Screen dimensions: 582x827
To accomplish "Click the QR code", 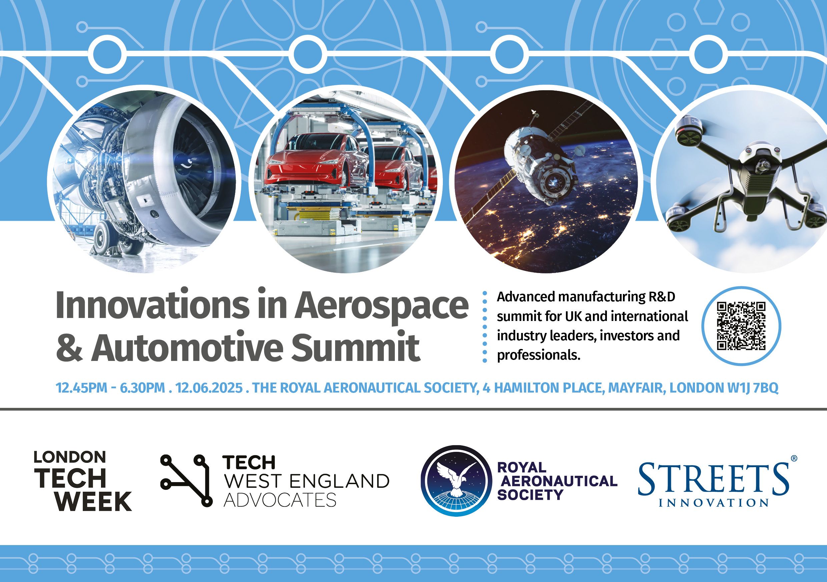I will pos(741,326).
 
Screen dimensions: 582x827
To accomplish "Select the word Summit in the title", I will pos(355,348).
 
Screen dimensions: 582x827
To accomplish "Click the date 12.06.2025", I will pos(209,388).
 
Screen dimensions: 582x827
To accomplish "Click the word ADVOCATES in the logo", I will pos(280,500).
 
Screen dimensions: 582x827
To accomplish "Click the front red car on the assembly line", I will pos(313,162).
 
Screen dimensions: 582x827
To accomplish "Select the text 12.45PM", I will pos(81,388).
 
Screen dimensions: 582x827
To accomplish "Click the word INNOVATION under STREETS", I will pos(714,502).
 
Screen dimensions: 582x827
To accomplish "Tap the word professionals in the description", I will pos(539,355).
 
